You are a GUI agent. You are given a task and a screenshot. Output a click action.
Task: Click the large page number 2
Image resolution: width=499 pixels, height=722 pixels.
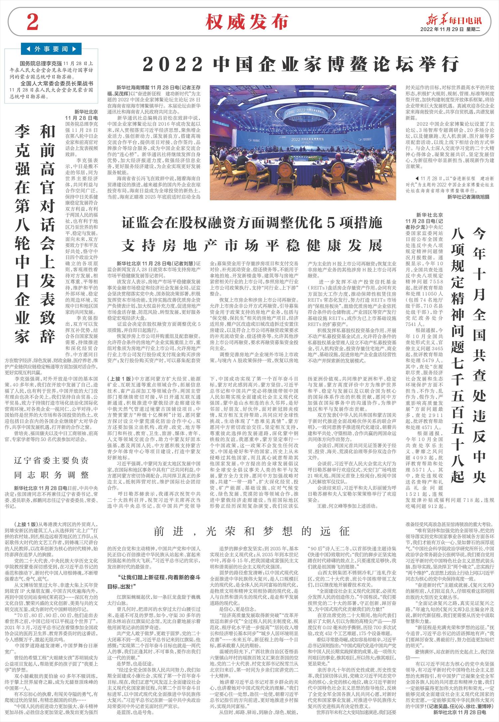[x=33, y=22]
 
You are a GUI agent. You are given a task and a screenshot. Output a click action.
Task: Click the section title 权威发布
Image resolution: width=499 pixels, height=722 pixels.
[x=247, y=22]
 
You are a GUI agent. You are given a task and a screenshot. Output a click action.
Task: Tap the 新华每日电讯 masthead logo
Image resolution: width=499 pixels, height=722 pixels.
[x=451, y=20]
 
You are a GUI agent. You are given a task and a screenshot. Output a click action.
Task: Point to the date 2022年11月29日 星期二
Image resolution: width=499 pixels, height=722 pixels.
[x=451, y=29]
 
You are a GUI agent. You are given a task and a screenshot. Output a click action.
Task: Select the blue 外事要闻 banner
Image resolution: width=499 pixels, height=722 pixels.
[x=51, y=49]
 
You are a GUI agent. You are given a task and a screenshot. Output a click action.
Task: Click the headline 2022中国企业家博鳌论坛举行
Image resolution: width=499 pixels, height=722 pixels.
[x=301, y=64]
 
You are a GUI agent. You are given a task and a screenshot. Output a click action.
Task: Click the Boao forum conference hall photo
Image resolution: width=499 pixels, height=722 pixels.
[x=302, y=142]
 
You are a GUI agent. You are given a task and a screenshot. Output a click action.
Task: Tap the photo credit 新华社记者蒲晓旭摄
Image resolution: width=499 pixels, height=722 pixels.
[x=468, y=197]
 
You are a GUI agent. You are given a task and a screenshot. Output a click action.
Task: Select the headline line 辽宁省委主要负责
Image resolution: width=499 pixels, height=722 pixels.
[x=52, y=461]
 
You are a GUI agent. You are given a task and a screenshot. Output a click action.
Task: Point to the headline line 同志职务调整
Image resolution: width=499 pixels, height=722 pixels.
[x=52, y=474]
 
